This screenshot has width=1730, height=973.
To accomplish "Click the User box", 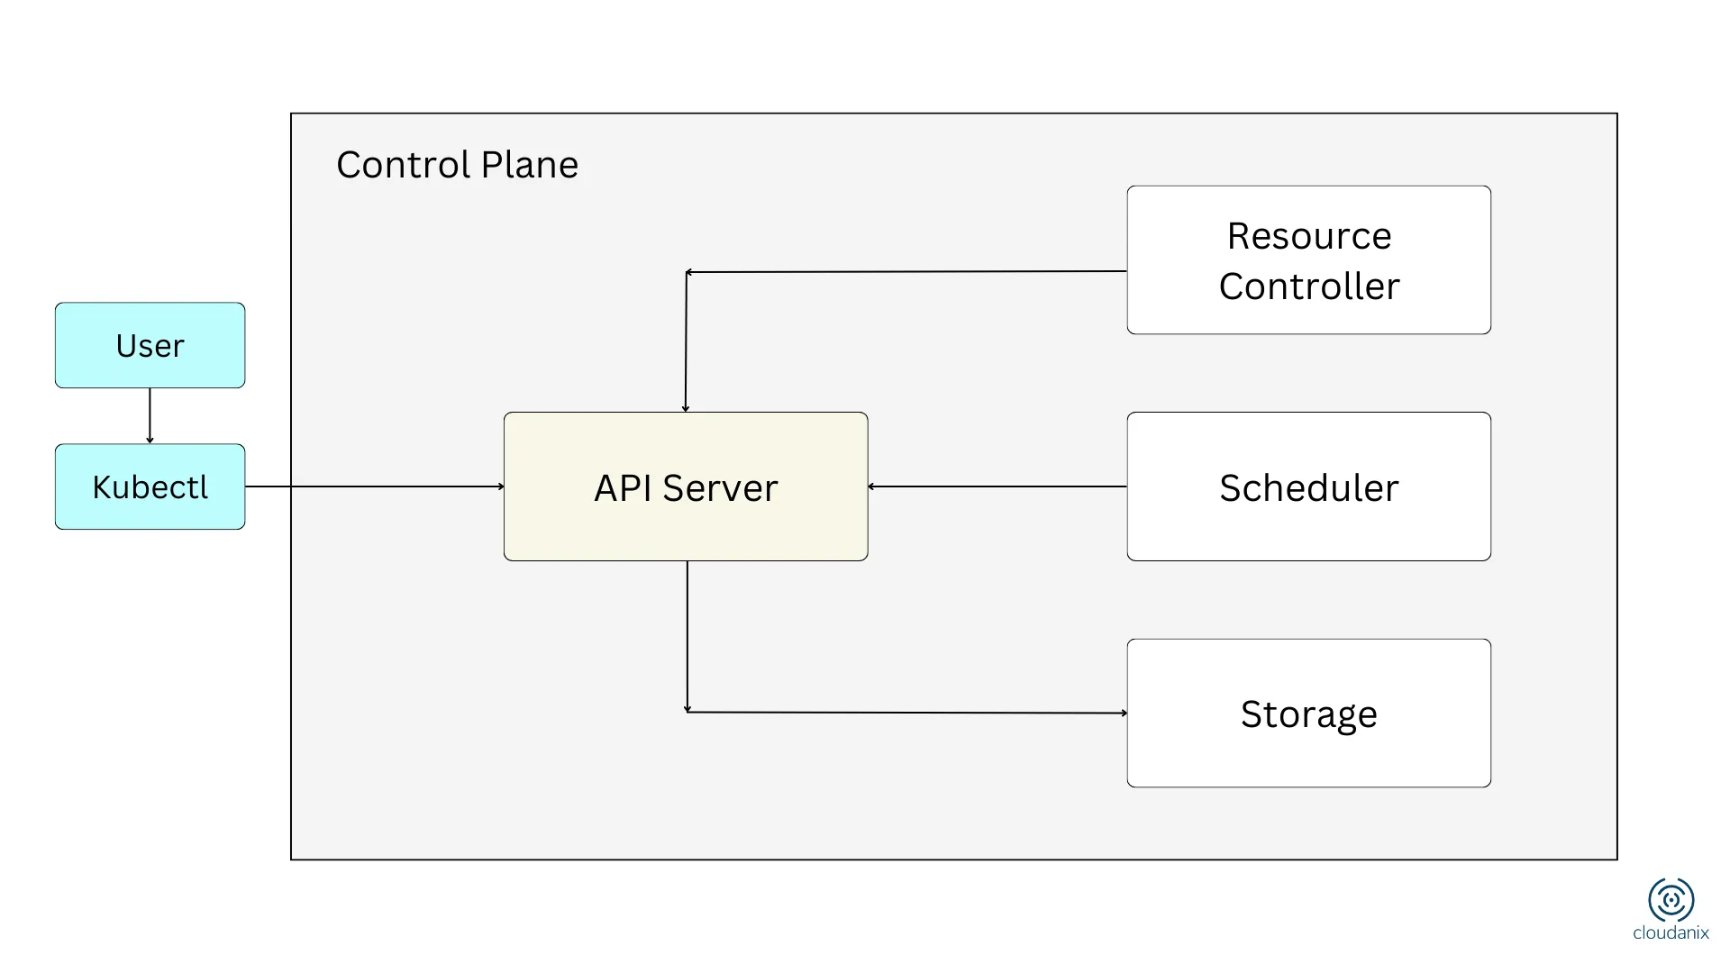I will pos(150,345).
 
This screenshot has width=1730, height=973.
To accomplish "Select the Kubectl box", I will pos(150,486).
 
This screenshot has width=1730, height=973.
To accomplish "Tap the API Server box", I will pos(686,486).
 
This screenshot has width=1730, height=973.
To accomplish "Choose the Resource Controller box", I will pos(1308,260).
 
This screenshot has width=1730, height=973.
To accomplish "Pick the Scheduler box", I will pos(1308,486).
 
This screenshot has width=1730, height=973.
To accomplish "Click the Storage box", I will pos(1308,714).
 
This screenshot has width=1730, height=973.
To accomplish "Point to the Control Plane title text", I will pos(457,165).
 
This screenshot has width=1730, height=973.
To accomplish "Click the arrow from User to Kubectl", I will pos(150,415).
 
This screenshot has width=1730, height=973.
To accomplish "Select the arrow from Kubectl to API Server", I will pos(374,486).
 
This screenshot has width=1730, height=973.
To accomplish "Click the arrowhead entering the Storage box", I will pos(1124,713).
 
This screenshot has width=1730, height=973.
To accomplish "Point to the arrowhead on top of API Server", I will pos(686,408).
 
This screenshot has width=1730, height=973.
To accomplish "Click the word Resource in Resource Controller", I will pos(1308,236).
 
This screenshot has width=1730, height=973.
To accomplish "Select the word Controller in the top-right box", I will pos(1308,286).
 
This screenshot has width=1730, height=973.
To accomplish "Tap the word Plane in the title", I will pos(529,165).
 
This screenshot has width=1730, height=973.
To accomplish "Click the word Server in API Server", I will pos(719,488).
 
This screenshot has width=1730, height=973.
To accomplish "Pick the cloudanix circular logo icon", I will pos(1671,899).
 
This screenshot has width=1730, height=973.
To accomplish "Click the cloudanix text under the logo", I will pos(1671,933).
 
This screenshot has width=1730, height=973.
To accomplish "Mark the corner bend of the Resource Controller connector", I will pos(687,272).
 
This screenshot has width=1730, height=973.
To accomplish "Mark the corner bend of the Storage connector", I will pos(687,712).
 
